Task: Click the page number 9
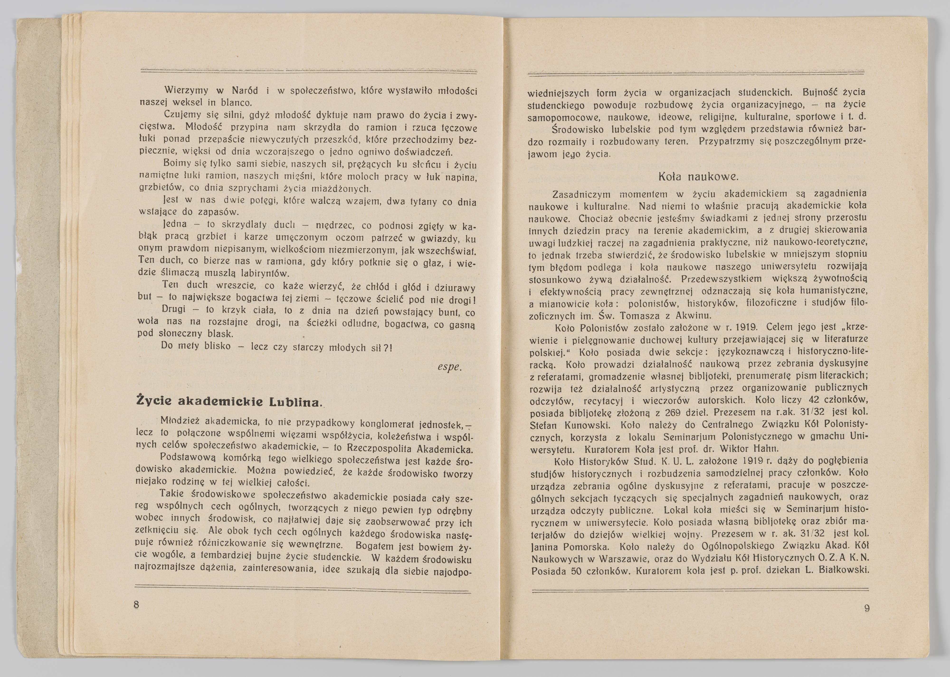(x=867, y=608)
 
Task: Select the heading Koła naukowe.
(x=698, y=177)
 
